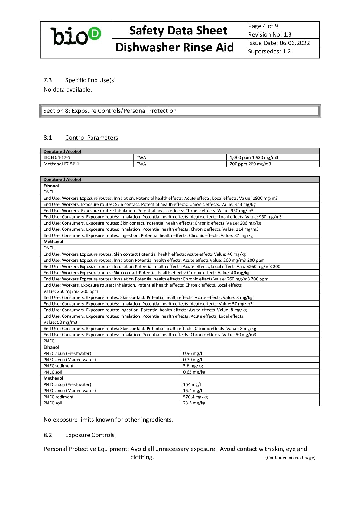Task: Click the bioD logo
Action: (76, 36)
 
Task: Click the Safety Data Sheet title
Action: (178, 31)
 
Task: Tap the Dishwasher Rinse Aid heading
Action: (175, 47)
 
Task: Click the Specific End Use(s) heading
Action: (90, 80)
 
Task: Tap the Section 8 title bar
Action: (180, 111)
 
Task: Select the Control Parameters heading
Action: (92, 138)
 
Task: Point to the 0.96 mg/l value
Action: (193, 353)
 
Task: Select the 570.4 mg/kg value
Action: (195, 397)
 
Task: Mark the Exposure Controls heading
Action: (90, 435)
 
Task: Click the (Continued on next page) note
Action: (290, 458)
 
